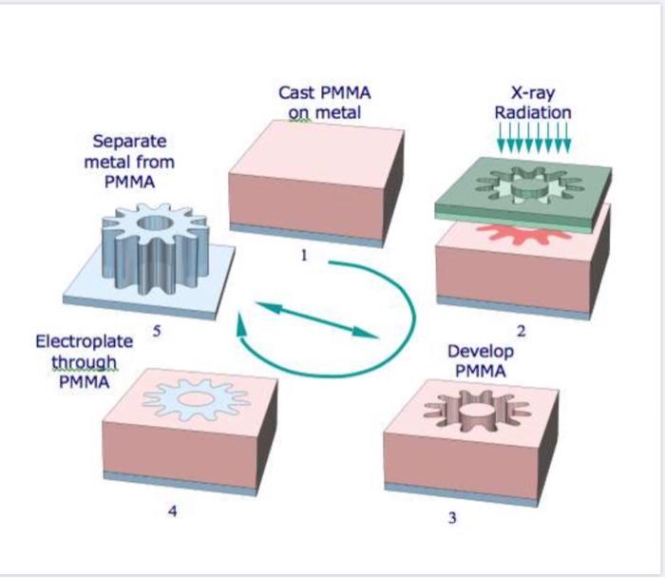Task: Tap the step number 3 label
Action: pos(452,518)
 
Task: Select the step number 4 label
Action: pos(172,511)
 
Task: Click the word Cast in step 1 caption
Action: pos(297,93)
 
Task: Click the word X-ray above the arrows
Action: pos(533,93)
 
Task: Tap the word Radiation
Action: pos(533,112)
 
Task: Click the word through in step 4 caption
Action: pos(85,362)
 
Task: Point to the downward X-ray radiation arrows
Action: pos(534,140)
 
